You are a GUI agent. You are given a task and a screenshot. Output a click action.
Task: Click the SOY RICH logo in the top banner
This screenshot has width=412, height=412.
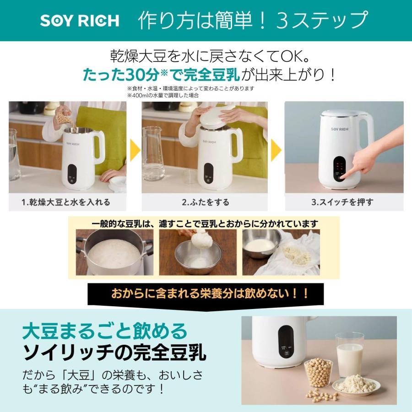[x=80, y=21]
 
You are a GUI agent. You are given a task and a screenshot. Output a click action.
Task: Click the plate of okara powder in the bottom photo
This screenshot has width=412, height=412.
[x=356, y=385]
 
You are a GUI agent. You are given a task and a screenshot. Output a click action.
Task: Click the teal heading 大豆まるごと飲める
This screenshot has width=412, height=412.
[x=105, y=331]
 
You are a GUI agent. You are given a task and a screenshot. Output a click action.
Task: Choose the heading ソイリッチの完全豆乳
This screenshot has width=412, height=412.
[x=114, y=353]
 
